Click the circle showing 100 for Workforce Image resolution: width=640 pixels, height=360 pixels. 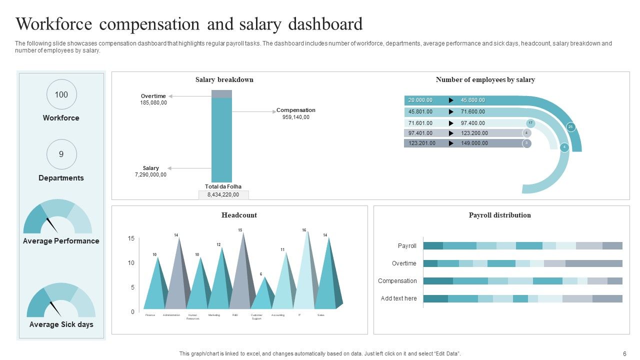coord(61,94)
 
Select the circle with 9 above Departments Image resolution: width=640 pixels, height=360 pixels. coord(61,154)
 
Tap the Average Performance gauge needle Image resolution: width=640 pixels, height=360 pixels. coord(52,225)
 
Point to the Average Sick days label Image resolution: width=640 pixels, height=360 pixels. coord(61,324)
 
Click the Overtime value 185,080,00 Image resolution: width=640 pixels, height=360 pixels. coord(153,102)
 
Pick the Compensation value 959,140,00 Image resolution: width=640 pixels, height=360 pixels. coord(295,117)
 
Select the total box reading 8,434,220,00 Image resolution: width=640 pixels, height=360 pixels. coord(223,195)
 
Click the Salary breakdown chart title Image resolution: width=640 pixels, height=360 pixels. coord(224,79)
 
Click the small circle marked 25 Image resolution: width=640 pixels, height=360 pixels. coord(570,127)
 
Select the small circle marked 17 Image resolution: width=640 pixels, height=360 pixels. coord(530,122)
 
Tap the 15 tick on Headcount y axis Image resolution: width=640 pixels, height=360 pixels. coord(131,238)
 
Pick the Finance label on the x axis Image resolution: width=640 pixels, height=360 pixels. coord(150,315)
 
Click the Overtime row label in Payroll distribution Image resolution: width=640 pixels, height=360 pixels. coord(404,263)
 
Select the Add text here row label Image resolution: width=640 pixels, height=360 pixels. coord(398,298)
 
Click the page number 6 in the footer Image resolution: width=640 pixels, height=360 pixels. coord(624,353)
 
